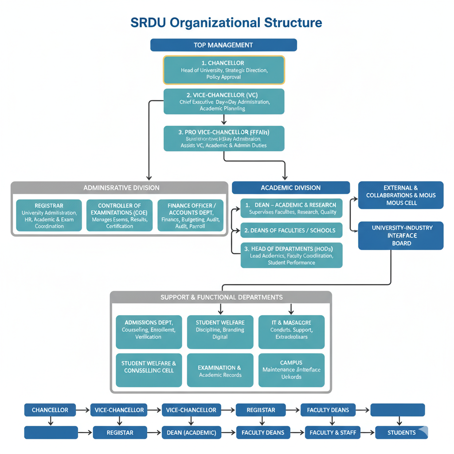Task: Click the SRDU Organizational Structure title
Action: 226,23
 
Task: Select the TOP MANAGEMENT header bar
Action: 223,45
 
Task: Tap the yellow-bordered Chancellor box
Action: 224,70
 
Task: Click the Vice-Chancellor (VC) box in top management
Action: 224,102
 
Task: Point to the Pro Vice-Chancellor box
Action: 224,138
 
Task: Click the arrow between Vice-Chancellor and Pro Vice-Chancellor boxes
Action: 224,120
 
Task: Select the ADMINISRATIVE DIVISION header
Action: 121,188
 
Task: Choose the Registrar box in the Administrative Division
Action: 49,215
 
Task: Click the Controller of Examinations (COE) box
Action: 119,215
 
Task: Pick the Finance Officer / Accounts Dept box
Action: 192,215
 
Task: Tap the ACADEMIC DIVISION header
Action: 290,188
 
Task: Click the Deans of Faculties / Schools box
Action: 291,230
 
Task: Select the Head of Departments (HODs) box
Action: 291,255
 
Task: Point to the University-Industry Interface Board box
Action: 401,235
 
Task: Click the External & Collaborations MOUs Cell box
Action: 401,195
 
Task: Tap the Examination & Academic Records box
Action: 220,371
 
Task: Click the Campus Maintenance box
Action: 291,370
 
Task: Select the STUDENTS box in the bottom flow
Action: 401,433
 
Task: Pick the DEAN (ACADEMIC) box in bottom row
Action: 191,433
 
